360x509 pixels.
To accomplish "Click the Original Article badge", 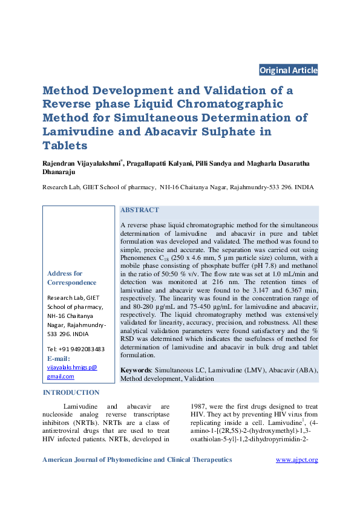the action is pos(288,70).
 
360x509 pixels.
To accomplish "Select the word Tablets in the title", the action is pos(65,146).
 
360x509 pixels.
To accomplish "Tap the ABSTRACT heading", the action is pos(140,210).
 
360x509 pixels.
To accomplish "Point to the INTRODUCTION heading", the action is pos(71,392).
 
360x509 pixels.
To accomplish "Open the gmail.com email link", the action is pos(61,376).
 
